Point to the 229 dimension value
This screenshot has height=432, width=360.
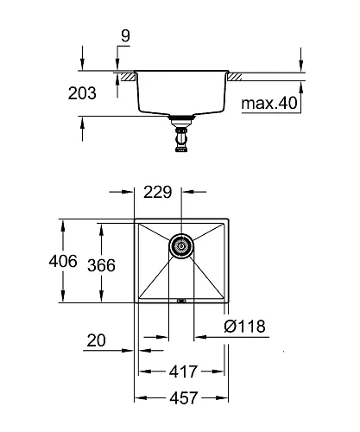159,193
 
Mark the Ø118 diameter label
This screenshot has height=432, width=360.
245,326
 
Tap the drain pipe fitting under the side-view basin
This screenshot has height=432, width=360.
182,136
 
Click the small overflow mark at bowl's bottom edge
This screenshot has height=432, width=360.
182,300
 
